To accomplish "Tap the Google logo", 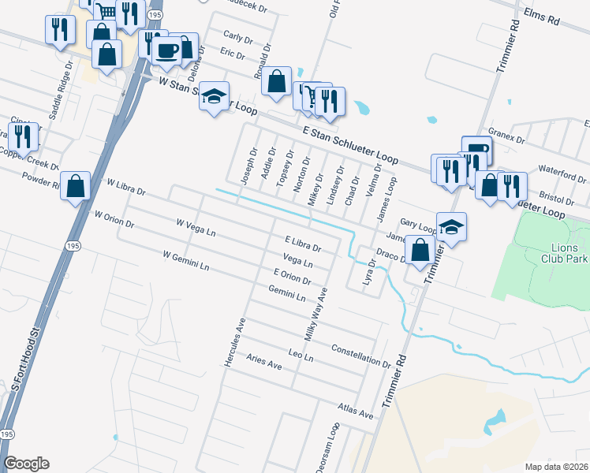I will point(26,464).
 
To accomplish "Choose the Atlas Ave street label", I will point(355,410).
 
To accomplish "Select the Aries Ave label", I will point(264,362).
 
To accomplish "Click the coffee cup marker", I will point(166,50).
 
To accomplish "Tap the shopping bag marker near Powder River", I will point(76,187).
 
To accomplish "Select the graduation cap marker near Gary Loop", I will point(451,226).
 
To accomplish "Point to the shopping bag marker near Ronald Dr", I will point(276,81).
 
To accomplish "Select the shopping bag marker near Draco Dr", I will point(421,251).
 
